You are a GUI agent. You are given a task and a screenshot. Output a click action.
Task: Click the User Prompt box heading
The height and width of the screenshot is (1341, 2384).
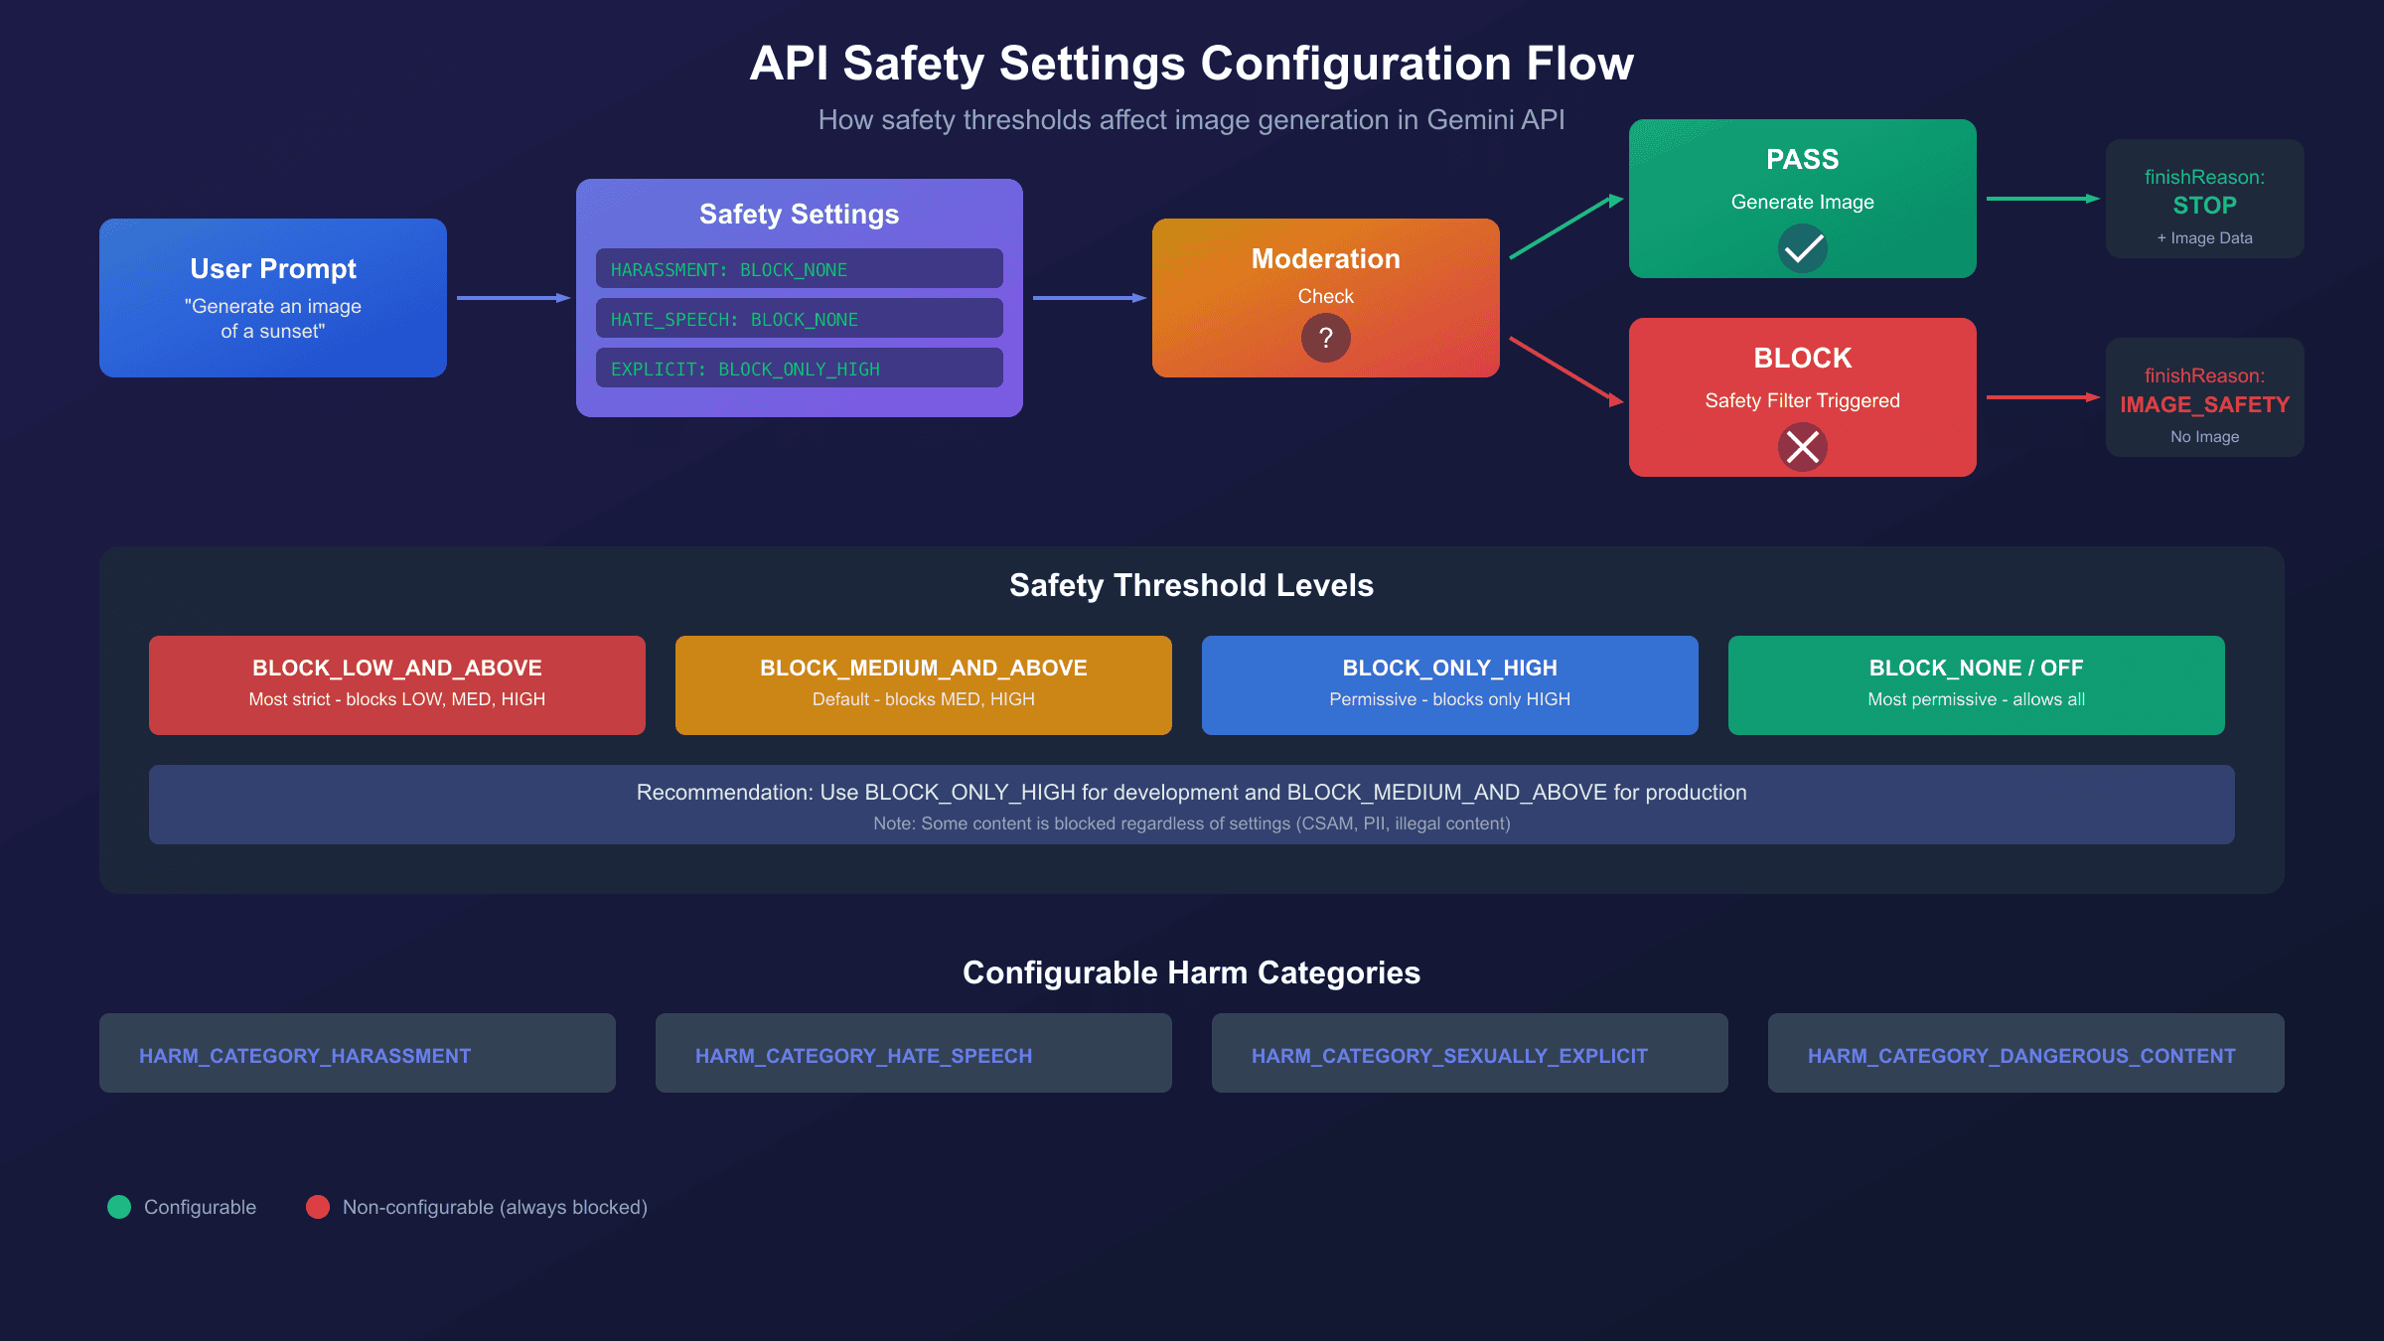click(273, 269)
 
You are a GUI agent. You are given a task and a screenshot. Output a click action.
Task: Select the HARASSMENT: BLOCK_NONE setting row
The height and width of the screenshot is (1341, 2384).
click(799, 269)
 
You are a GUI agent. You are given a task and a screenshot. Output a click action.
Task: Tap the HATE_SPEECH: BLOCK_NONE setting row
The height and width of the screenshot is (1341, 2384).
click(799, 319)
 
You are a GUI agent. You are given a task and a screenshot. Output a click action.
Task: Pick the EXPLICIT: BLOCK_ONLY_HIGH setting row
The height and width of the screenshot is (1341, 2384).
click(799, 369)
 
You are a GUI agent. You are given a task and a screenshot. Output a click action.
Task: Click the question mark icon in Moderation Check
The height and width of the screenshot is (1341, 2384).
click(1325, 339)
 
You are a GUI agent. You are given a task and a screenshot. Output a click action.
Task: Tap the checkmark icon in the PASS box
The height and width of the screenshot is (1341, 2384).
click(1802, 248)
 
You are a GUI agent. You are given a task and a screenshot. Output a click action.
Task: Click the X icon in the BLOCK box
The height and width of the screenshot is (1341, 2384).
click(1802, 447)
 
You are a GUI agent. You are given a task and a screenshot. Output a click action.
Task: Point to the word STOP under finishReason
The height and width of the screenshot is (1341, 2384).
click(2204, 206)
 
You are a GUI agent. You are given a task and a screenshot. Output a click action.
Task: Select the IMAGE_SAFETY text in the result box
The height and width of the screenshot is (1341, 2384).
click(2204, 404)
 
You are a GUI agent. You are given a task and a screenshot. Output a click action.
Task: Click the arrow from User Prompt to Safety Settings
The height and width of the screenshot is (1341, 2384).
click(512, 298)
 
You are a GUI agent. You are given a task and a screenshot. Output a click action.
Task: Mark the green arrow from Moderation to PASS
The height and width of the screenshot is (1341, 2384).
click(1564, 227)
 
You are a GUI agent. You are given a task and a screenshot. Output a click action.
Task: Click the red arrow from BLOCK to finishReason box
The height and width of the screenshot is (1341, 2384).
click(2041, 397)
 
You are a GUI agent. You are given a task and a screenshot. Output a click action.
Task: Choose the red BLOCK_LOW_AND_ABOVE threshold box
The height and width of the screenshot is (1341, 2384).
click(397, 685)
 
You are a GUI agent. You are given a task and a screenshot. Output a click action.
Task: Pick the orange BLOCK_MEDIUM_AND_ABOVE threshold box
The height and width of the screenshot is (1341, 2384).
click(924, 685)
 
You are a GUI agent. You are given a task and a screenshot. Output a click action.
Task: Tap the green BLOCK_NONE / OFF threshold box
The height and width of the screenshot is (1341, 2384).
click(1977, 685)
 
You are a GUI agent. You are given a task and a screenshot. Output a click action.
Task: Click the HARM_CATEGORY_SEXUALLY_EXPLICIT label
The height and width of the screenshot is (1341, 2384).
click(1449, 1056)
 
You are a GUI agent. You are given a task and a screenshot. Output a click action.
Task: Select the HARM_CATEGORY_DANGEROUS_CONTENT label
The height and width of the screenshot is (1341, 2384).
click(2021, 1056)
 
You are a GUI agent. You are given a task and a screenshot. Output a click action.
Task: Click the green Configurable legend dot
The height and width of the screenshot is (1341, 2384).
click(119, 1207)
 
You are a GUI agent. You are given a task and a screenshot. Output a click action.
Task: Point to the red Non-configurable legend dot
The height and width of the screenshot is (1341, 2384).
click(318, 1207)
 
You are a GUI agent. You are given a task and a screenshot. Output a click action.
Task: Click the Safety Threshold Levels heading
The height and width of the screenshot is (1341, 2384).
click(1191, 585)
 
